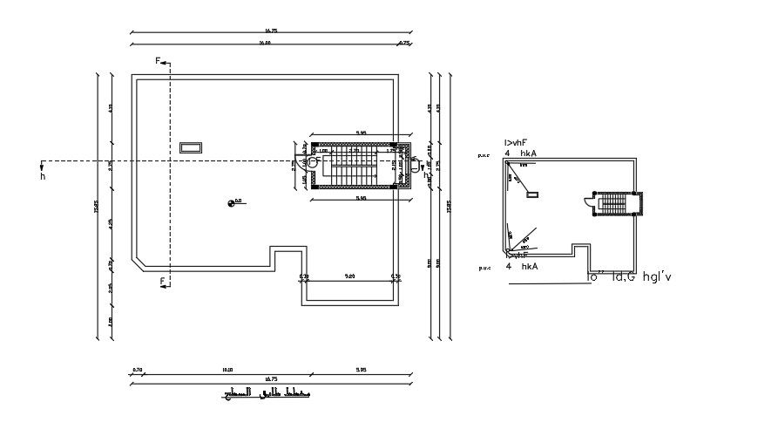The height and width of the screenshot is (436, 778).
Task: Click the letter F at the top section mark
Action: tap(158, 61)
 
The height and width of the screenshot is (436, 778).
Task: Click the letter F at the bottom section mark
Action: tap(161, 280)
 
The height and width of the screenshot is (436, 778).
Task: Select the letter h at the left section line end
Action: tap(42, 177)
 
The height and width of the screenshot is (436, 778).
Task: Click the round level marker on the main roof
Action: tap(232, 203)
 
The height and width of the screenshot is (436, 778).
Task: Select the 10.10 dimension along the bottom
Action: tap(228, 370)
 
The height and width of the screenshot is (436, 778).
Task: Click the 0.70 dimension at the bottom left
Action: tap(137, 370)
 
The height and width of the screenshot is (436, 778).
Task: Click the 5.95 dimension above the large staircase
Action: tap(360, 133)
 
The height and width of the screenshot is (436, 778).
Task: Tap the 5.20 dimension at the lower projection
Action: tap(349, 276)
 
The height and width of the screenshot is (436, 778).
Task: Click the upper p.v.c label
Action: tap(484, 155)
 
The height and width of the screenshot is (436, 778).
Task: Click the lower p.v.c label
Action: tap(484, 269)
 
